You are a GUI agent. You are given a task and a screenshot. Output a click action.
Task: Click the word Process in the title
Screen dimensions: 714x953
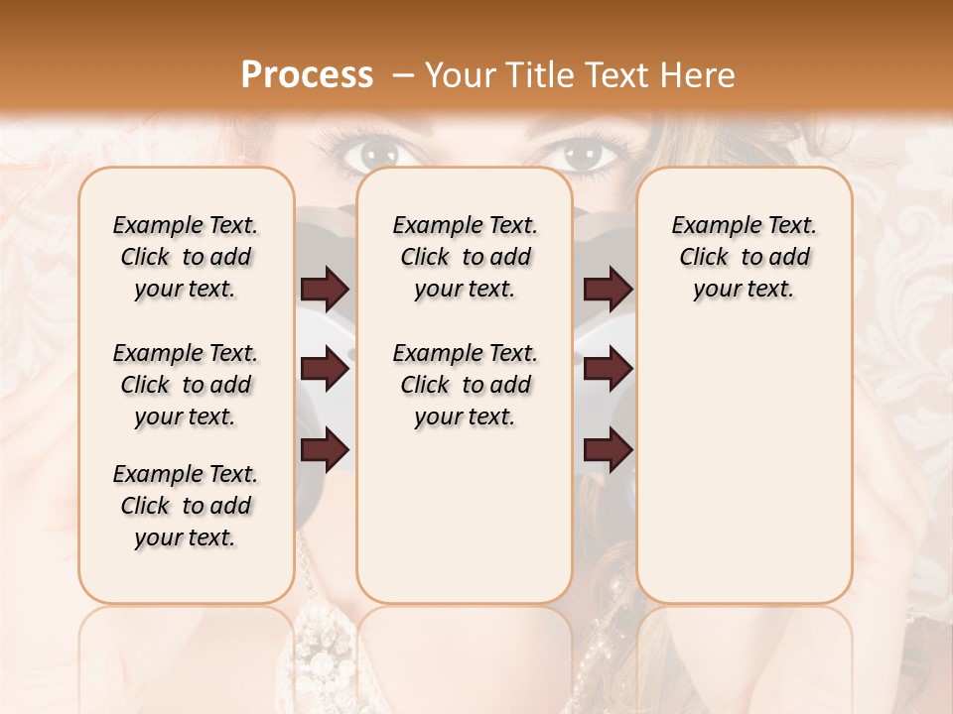click(307, 74)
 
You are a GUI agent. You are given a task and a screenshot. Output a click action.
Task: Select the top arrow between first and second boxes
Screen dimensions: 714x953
click(325, 290)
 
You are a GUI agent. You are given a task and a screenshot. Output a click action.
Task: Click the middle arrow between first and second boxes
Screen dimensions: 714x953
click(325, 370)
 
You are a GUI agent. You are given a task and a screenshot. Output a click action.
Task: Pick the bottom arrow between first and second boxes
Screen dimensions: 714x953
click(325, 450)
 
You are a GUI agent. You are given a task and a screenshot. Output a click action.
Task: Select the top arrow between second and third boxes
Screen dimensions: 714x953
click(608, 290)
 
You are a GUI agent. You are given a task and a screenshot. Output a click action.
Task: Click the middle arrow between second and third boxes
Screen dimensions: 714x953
click(608, 370)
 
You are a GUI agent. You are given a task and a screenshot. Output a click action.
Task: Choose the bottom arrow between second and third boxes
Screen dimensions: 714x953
click(608, 450)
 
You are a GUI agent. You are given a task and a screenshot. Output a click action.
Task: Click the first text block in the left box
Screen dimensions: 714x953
click(186, 257)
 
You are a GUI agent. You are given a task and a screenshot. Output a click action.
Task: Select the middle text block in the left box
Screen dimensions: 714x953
click(186, 385)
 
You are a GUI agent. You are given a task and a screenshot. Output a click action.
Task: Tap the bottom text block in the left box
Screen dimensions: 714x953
click(186, 506)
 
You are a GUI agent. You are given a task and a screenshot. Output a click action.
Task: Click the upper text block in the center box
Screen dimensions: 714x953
click(465, 257)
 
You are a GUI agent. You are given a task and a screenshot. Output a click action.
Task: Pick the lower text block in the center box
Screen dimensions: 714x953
click(465, 385)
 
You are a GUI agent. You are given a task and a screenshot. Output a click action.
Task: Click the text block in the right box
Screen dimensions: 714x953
click(744, 257)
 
